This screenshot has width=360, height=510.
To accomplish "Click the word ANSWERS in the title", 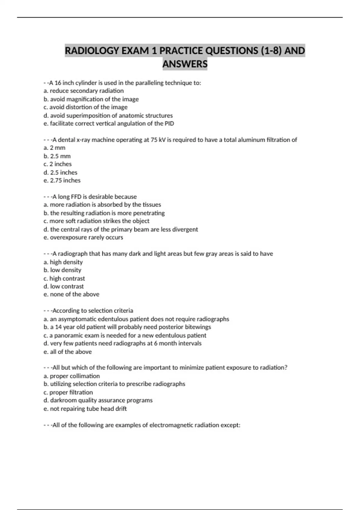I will pyautogui.click(x=185, y=64).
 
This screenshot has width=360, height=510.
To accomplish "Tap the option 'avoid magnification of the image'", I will pyautogui.click(x=91, y=99).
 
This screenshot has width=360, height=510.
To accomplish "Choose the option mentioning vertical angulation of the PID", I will pyautogui.click(x=109, y=123).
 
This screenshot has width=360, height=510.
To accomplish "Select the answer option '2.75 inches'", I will pyautogui.click(x=62, y=180).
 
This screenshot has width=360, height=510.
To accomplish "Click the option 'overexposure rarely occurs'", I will pyautogui.click(x=83, y=237).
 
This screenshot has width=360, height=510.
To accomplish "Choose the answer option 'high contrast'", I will pyautogui.click(x=64, y=278).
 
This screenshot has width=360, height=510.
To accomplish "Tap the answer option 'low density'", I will pyautogui.click(x=62, y=270).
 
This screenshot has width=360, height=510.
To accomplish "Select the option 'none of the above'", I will pyautogui.click(x=71, y=294).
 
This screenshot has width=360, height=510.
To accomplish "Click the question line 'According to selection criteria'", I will pyautogui.click(x=92, y=310).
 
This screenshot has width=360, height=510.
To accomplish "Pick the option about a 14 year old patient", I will pyautogui.click(x=127, y=327).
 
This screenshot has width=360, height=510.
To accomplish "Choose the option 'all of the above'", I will pyautogui.click(x=68, y=352).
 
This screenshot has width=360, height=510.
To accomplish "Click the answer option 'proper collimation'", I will pyautogui.click(x=72, y=376).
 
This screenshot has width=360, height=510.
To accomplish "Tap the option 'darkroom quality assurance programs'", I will pyautogui.click(x=98, y=400).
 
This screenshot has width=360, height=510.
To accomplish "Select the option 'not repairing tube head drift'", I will pyautogui.click(x=85, y=409).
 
